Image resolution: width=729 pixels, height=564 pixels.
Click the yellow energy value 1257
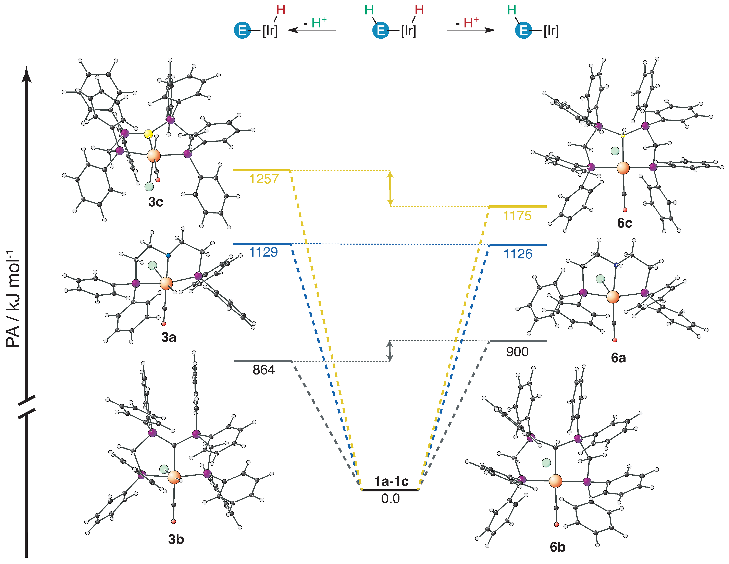[264, 179]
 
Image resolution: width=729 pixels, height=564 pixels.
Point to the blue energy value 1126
[518, 254]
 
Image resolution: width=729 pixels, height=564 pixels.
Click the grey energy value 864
[264, 370]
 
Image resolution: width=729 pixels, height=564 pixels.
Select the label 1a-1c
[391, 481]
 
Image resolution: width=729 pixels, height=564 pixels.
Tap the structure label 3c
[156, 202]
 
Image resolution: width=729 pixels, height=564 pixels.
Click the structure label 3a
[169, 338]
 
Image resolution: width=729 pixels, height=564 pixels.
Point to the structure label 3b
[176, 539]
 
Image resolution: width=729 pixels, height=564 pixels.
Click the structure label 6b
[557, 547]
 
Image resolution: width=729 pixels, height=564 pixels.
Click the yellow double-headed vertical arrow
[390, 189]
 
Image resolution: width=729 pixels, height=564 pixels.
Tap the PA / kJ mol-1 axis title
[13, 299]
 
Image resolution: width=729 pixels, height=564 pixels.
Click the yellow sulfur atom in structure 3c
[149, 134]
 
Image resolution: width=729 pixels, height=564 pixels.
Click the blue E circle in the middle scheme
[381, 30]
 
